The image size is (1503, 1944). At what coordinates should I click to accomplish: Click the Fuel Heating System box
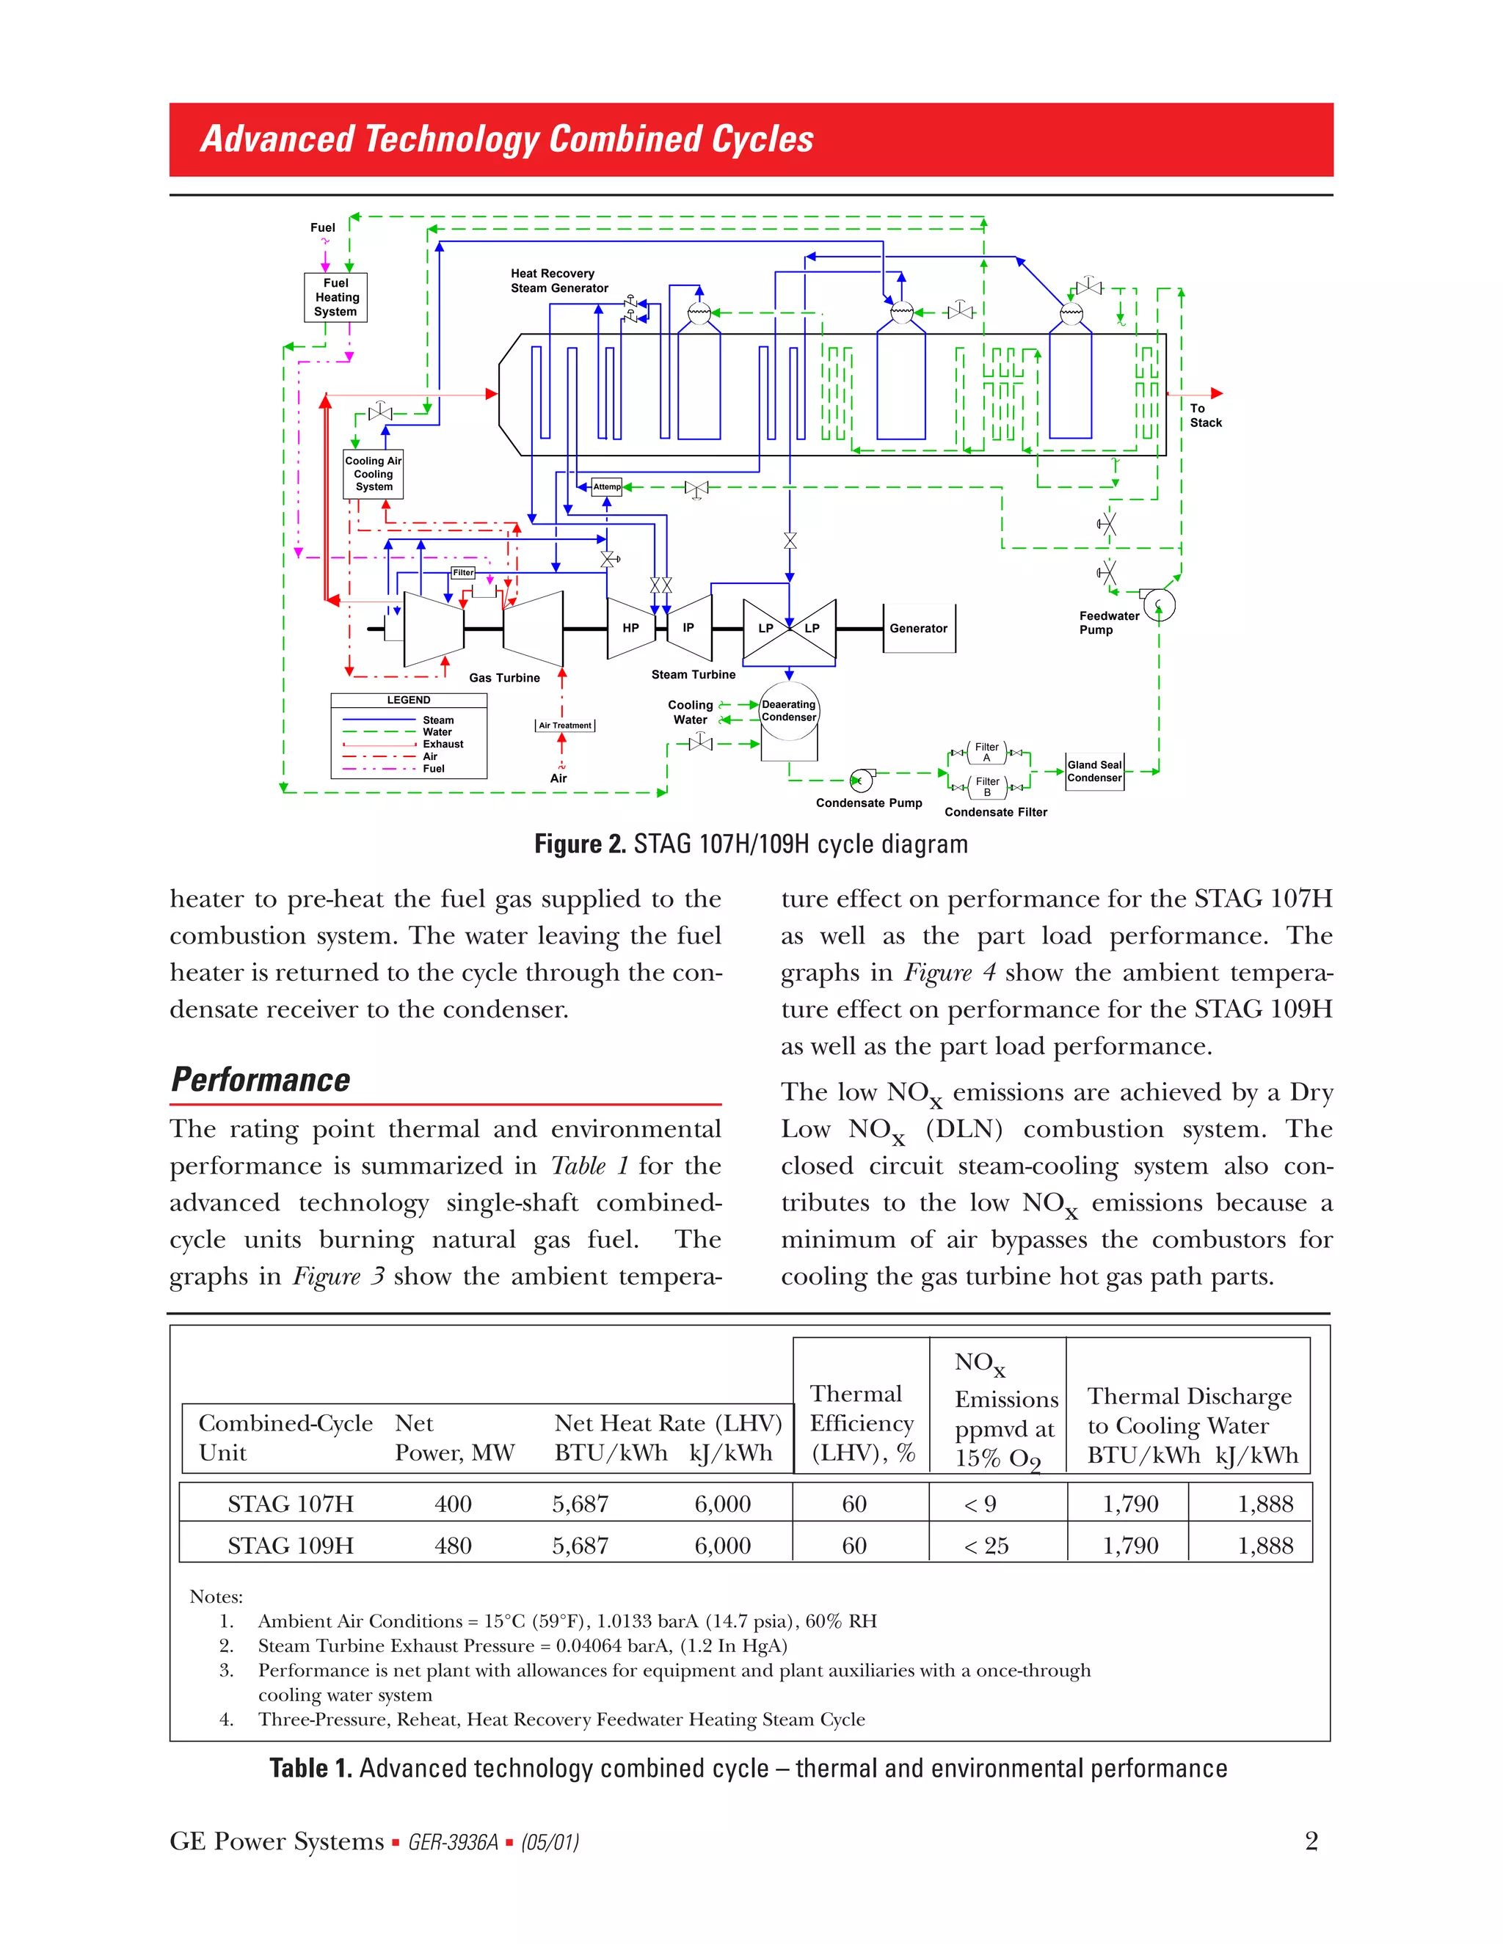coord(335,297)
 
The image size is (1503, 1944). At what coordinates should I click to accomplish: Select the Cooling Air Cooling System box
coord(373,474)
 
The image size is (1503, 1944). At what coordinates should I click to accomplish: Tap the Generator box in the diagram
coord(918,629)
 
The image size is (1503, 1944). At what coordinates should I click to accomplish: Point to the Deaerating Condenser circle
coord(788,710)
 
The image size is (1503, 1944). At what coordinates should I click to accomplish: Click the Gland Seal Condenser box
coord(1094,771)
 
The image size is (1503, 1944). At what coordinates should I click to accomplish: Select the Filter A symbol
coord(986,752)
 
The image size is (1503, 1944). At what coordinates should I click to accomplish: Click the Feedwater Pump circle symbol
coord(1158,605)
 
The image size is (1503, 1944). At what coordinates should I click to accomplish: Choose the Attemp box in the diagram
coord(606,487)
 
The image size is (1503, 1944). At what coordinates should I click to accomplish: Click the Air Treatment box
coord(564,726)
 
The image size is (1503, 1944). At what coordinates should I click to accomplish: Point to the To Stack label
coord(1205,416)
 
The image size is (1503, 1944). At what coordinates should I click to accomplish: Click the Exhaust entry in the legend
coord(443,744)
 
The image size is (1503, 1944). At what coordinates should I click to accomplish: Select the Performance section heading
coord(261,1080)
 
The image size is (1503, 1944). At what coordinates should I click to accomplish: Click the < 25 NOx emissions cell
coord(986,1546)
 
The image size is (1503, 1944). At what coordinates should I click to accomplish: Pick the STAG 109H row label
coord(291,1546)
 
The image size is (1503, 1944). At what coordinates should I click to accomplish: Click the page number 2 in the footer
coord(1311,1841)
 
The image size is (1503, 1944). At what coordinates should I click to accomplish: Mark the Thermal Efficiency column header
coord(861,1422)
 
